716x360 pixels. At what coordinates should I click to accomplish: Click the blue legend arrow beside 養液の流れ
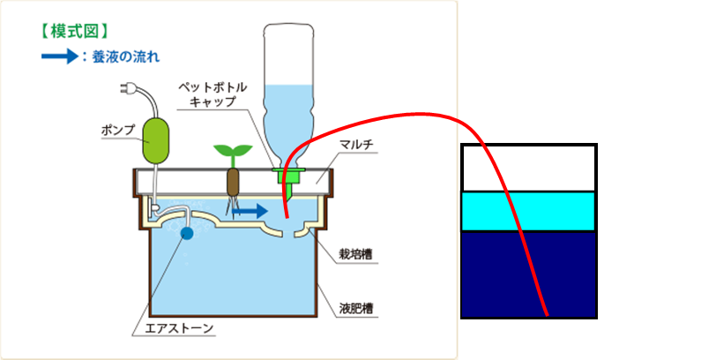click(x=58, y=56)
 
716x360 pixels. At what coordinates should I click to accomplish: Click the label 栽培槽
click(x=355, y=254)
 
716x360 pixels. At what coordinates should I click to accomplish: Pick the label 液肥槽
click(x=355, y=309)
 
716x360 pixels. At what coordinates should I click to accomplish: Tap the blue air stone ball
click(x=186, y=234)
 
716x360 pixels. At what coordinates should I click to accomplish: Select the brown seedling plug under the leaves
click(x=234, y=182)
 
